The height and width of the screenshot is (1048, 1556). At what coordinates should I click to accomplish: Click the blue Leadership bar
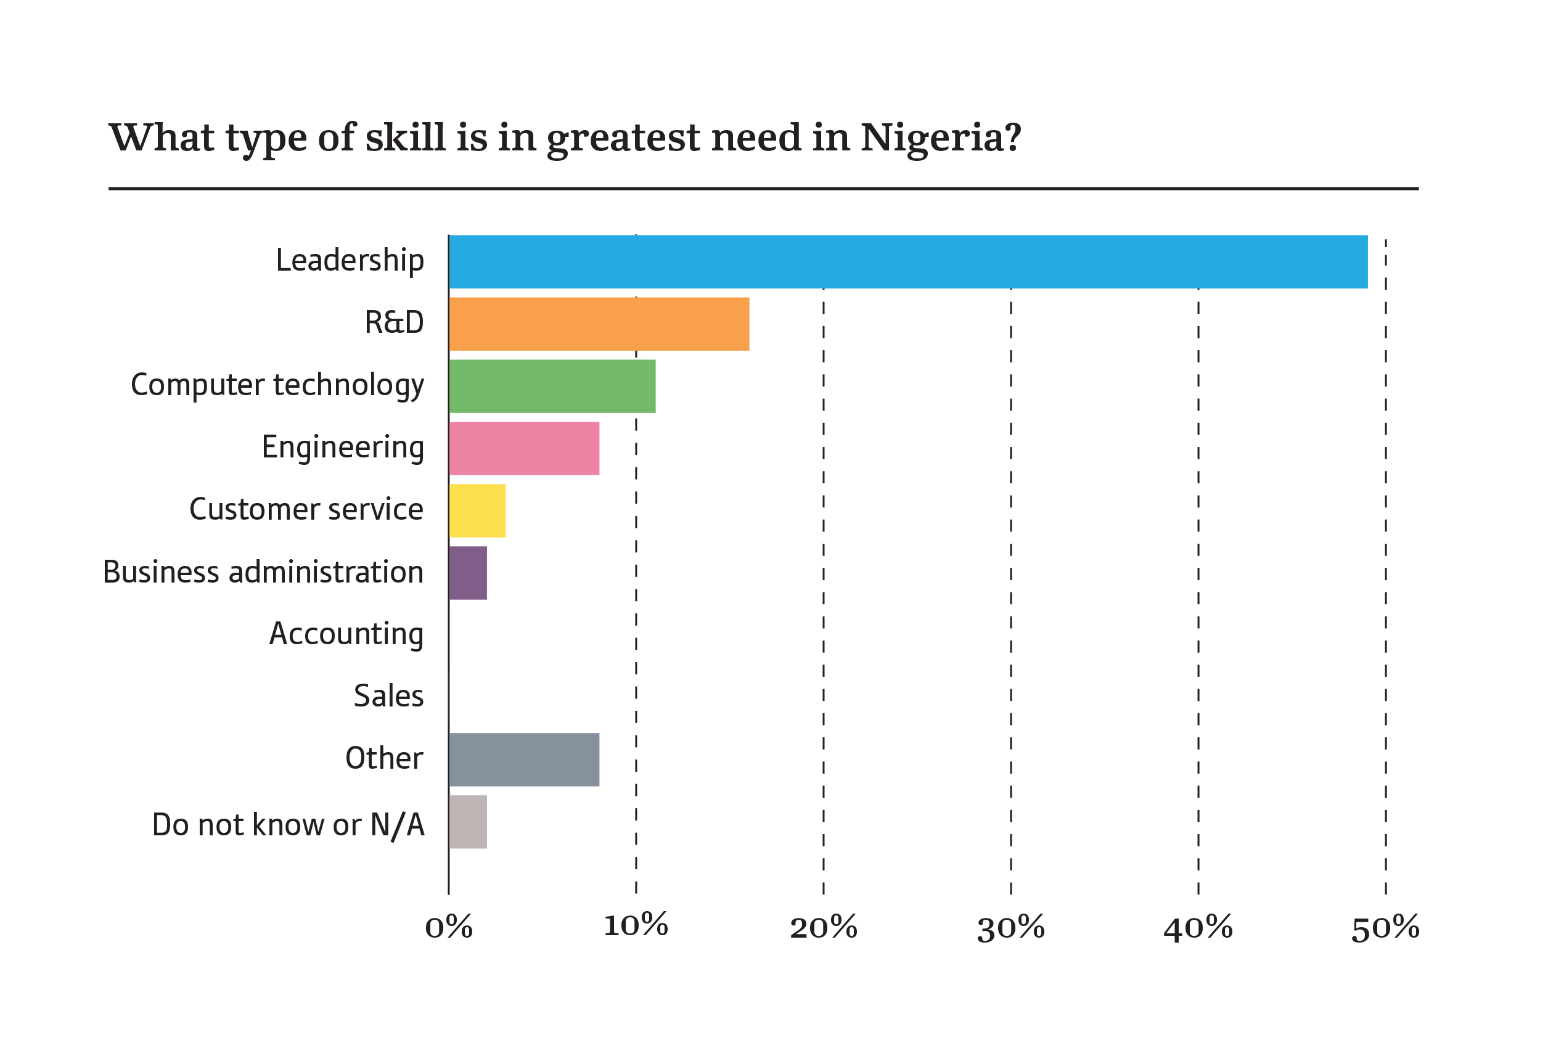[908, 261]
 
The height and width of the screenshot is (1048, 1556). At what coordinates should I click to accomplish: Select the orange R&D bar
[599, 324]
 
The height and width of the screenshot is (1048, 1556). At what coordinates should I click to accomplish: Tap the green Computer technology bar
[552, 387]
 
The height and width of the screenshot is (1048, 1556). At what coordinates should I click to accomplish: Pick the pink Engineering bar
[524, 448]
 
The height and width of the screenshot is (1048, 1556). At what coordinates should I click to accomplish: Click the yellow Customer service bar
[477, 510]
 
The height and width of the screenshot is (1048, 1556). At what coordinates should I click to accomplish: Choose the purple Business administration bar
[468, 573]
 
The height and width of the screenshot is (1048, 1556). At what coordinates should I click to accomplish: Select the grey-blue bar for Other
[524, 759]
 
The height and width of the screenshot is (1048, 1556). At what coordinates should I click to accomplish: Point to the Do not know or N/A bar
[468, 822]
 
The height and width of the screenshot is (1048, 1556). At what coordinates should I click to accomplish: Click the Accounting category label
[346, 634]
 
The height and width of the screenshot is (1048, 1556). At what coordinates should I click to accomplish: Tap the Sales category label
[388, 696]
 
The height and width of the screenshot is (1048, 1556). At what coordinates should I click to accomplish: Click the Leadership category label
[350, 260]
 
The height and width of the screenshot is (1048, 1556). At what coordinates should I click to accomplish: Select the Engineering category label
[343, 447]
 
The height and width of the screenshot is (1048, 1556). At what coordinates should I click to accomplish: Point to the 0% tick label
[448, 928]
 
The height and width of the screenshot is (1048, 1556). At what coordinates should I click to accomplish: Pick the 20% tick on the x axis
[824, 928]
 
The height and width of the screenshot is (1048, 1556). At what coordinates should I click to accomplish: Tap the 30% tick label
[1010, 928]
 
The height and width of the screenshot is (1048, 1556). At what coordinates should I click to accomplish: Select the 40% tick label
[1198, 928]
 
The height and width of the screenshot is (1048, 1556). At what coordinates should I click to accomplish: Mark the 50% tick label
[1386, 928]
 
